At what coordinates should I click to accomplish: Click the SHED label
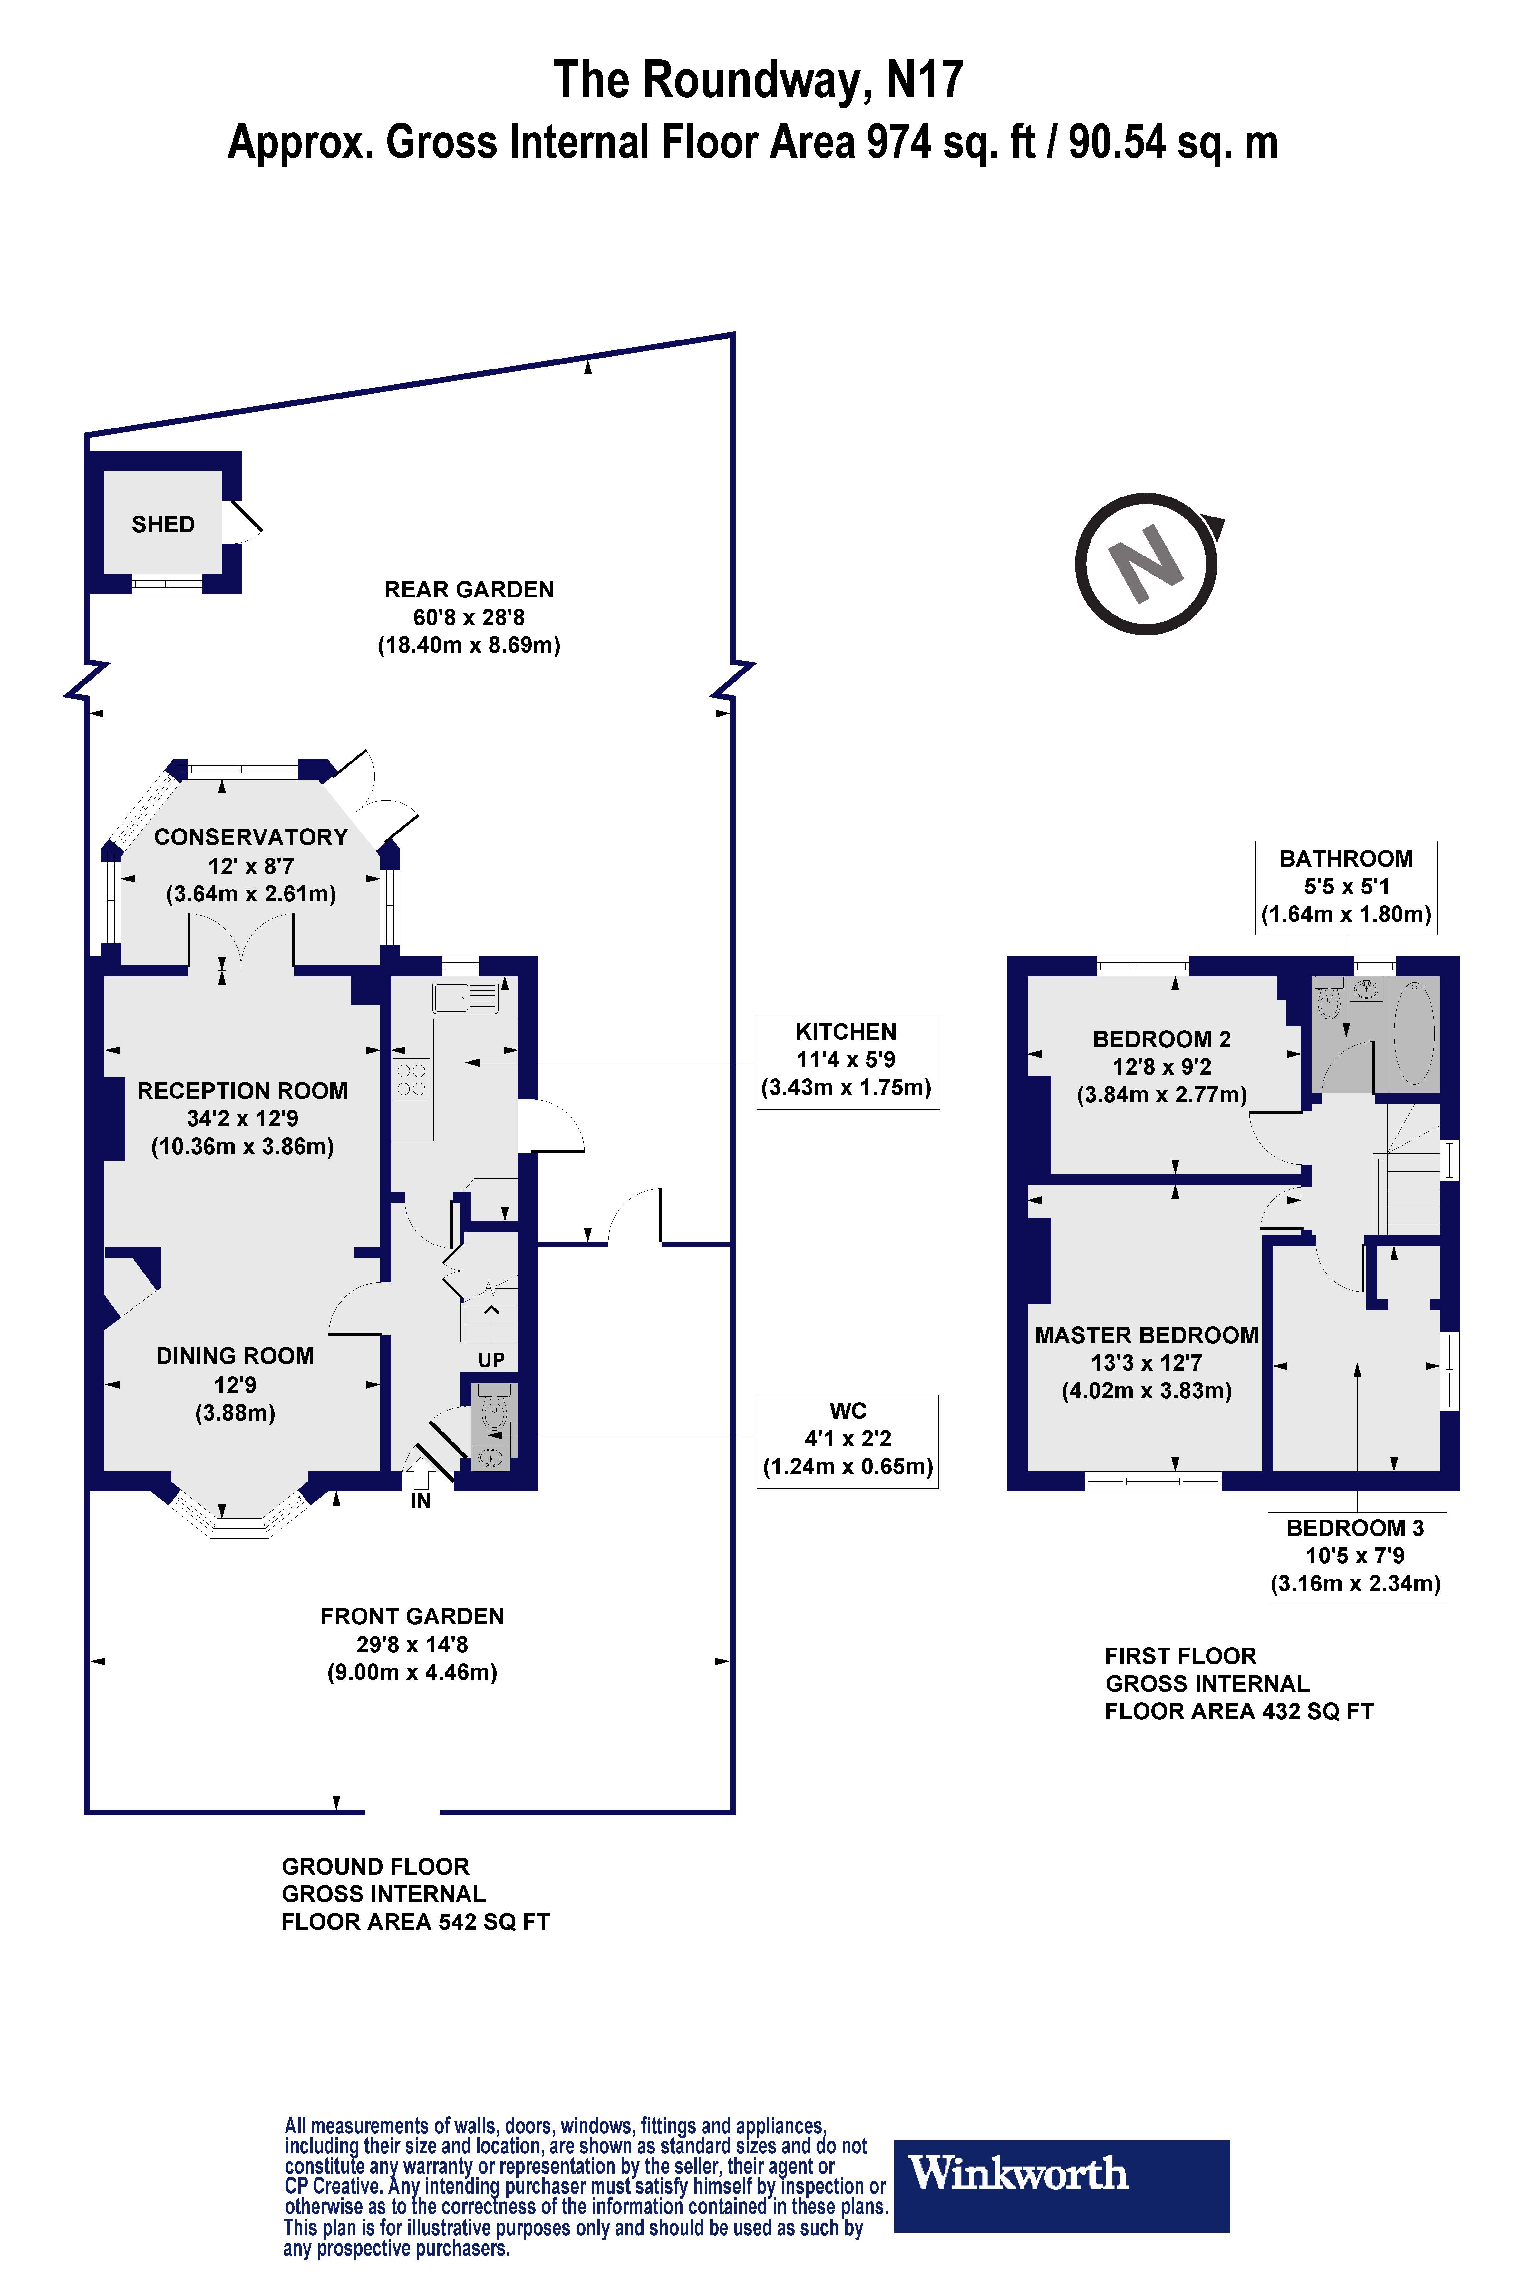click(x=163, y=524)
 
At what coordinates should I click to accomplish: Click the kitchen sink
click(x=466, y=997)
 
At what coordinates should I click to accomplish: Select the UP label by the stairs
click(x=491, y=1360)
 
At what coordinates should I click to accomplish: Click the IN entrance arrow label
click(x=420, y=1500)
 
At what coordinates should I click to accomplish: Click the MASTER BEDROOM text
click(x=1146, y=1335)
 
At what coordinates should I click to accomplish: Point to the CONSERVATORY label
click(x=250, y=837)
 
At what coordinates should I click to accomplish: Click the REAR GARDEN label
click(x=469, y=589)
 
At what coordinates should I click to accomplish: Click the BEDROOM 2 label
click(x=1162, y=1039)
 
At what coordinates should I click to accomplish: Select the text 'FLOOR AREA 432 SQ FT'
click(x=1238, y=1711)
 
